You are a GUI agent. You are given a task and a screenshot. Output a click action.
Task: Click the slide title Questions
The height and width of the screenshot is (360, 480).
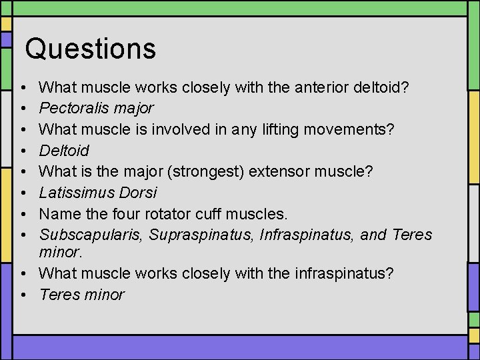click(x=90, y=49)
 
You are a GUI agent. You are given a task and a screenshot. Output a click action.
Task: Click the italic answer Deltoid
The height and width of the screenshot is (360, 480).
click(x=64, y=151)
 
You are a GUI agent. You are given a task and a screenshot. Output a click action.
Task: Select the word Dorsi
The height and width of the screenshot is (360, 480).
click(x=137, y=193)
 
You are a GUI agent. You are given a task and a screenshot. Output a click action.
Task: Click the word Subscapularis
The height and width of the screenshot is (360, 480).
click(x=91, y=235)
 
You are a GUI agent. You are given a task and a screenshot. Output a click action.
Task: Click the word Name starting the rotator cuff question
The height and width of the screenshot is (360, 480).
click(x=57, y=215)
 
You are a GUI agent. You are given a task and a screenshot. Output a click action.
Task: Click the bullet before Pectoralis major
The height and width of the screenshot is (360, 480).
click(x=23, y=108)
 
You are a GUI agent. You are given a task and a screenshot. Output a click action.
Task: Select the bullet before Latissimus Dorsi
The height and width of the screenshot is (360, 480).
click(x=23, y=193)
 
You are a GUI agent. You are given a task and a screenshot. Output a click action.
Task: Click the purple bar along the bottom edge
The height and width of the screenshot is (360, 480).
click(x=240, y=347)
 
